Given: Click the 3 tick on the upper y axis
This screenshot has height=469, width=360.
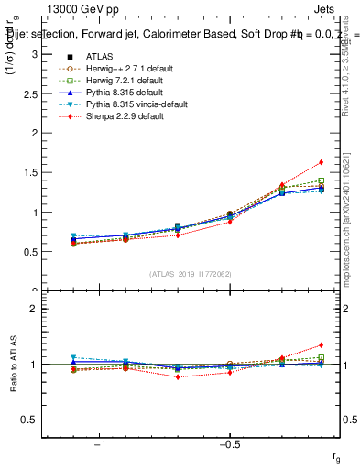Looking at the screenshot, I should point(35,54).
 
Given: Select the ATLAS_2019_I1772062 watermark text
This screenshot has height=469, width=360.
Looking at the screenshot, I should point(190,274).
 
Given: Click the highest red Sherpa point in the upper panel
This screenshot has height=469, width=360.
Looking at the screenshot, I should point(321,162).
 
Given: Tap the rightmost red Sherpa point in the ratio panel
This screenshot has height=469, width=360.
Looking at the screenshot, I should point(321,345).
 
